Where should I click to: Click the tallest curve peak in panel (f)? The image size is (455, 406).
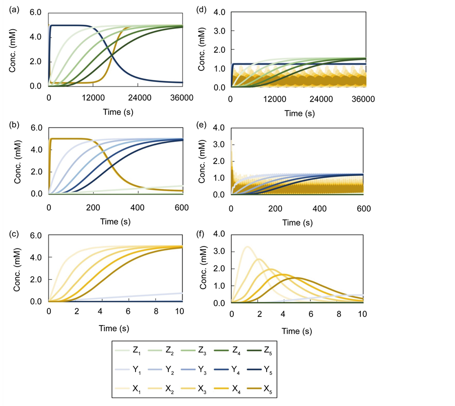coord(247,246)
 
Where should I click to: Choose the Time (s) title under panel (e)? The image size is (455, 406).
coord(297,221)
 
